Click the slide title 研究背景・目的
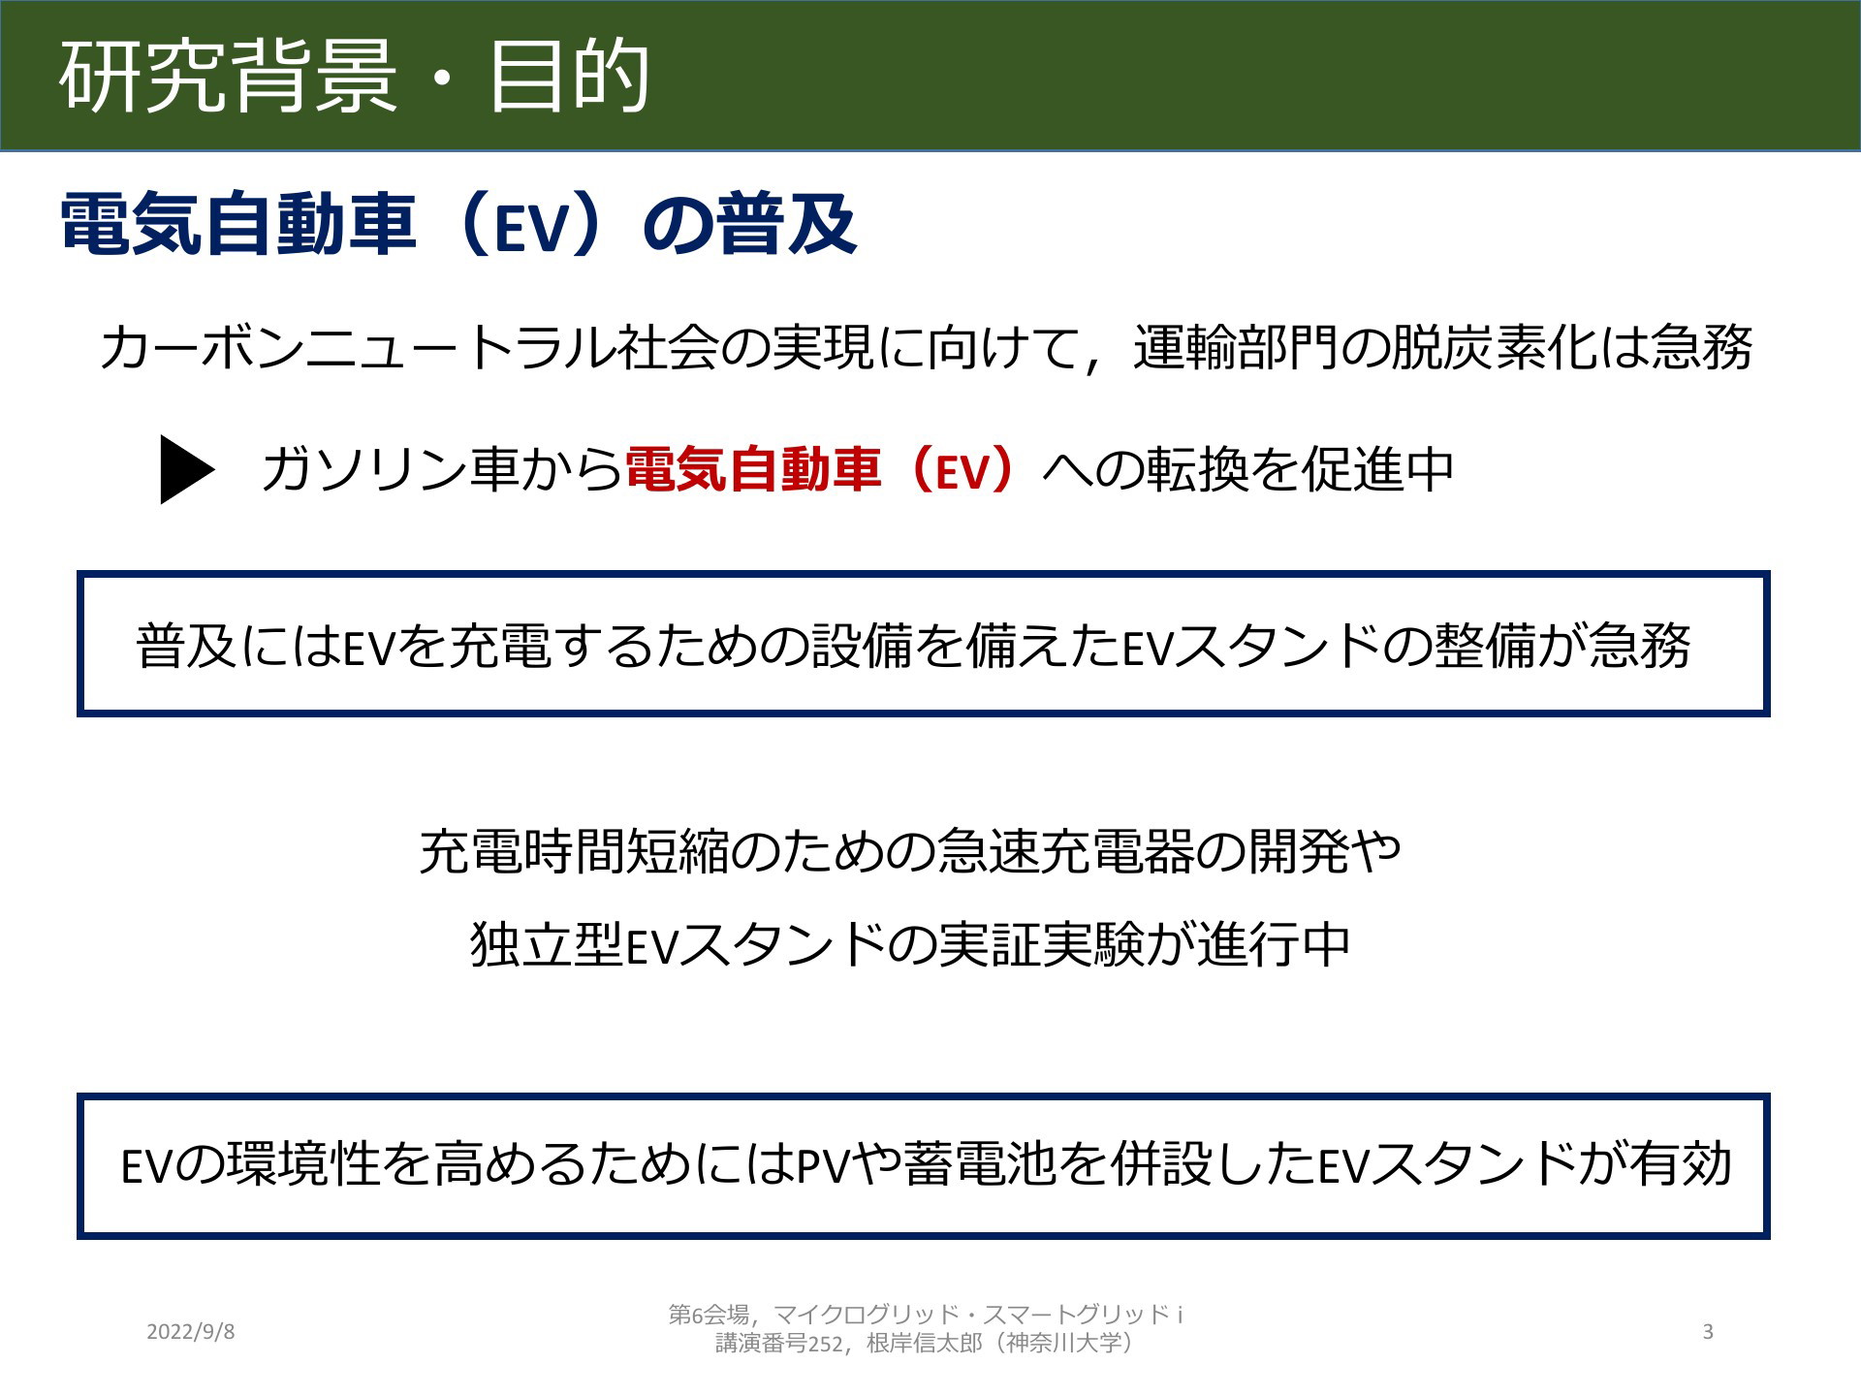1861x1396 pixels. [354, 77]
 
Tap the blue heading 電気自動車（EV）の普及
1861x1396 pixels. [458, 225]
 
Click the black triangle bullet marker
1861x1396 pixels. [187, 470]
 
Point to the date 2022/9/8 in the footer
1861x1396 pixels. [190, 1332]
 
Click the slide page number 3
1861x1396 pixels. [1708, 1332]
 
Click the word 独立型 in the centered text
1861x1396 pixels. [546, 944]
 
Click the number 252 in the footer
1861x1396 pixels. [825, 1344]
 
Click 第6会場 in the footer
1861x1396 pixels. [709, 1316]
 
